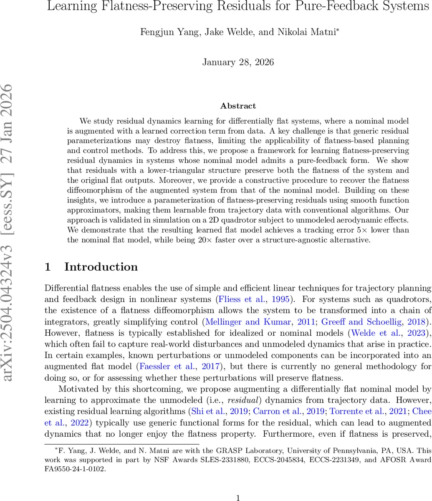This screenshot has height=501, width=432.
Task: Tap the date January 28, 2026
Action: pyautogui.click(x=238, y=62)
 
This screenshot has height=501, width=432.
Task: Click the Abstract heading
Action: pyautogui.click(x=238, y=106)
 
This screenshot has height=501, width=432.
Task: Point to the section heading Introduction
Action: pyautogui.click(x=101, y=267)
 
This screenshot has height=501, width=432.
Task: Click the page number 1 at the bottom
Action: pyautogui.click(x=238, y=486)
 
